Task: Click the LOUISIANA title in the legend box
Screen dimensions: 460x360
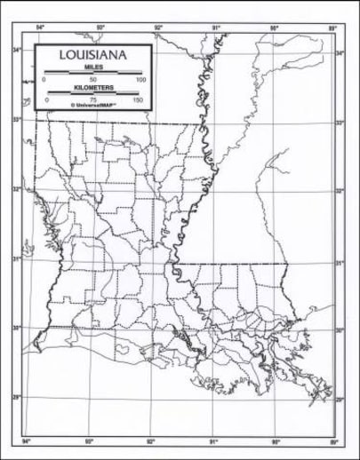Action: [92, 55]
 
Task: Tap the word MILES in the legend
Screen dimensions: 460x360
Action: [92, 67]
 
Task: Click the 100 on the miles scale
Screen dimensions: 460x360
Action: [140, 80]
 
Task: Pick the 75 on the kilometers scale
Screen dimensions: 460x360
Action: [92, 99]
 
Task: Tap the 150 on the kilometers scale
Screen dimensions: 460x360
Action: [138, 99]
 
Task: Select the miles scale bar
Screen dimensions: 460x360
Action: [92, 73]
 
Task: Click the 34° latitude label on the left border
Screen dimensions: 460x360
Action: [17, 50]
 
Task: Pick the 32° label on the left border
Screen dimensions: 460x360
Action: [17, 188]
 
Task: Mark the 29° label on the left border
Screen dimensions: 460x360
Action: [17, 396]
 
